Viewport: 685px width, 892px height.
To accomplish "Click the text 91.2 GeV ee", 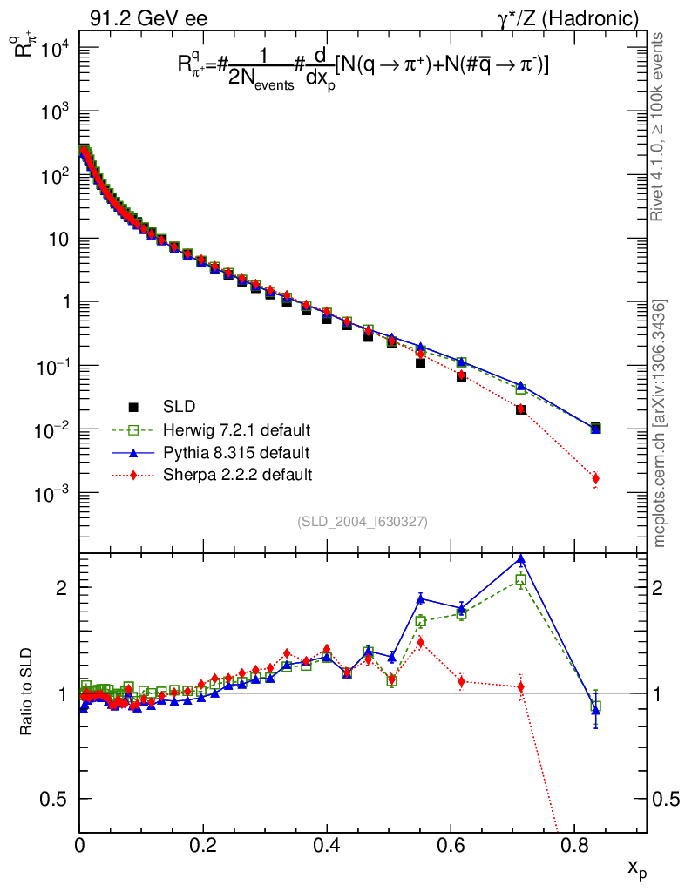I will [148, 18].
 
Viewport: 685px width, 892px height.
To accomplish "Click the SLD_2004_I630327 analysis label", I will [362, 522].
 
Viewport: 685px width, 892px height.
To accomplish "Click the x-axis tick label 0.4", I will [327, 844].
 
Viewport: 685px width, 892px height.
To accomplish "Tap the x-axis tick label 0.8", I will [574, 844].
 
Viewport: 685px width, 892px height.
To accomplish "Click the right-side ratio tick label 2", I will [667, 588].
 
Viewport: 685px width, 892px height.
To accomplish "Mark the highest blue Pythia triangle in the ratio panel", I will [520, 560].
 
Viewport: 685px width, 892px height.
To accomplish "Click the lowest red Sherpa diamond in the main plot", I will [595, 478].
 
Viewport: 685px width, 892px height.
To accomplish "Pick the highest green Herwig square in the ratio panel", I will [520, 579].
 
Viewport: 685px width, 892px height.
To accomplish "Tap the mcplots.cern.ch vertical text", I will [660, 422].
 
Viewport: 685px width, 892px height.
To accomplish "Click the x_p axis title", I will [637, 868].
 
